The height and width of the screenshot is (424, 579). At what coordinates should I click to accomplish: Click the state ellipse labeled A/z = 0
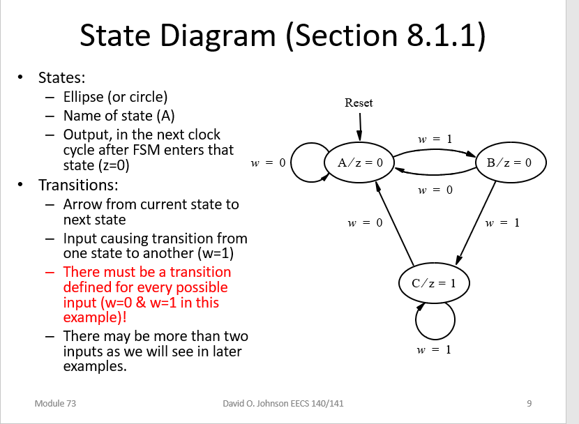point(360,163)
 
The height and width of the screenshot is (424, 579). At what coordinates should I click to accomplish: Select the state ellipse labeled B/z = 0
point(509,163)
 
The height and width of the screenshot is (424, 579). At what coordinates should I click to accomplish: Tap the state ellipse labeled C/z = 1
point(433,283)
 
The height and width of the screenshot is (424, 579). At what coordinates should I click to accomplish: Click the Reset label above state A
point(359,103)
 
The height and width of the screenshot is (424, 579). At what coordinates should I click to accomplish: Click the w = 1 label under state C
point(433,349)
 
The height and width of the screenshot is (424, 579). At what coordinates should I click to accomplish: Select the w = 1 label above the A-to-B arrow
point(435,139)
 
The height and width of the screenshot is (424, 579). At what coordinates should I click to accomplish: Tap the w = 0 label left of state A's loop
point(269,163)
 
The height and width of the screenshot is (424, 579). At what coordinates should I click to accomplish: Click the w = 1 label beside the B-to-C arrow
point(502,223)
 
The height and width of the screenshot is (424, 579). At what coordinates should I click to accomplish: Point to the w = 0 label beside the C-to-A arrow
point(366,223)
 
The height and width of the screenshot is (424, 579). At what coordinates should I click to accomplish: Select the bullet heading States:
point(61,77)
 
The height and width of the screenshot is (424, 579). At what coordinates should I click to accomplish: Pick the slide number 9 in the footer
point(529,403)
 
